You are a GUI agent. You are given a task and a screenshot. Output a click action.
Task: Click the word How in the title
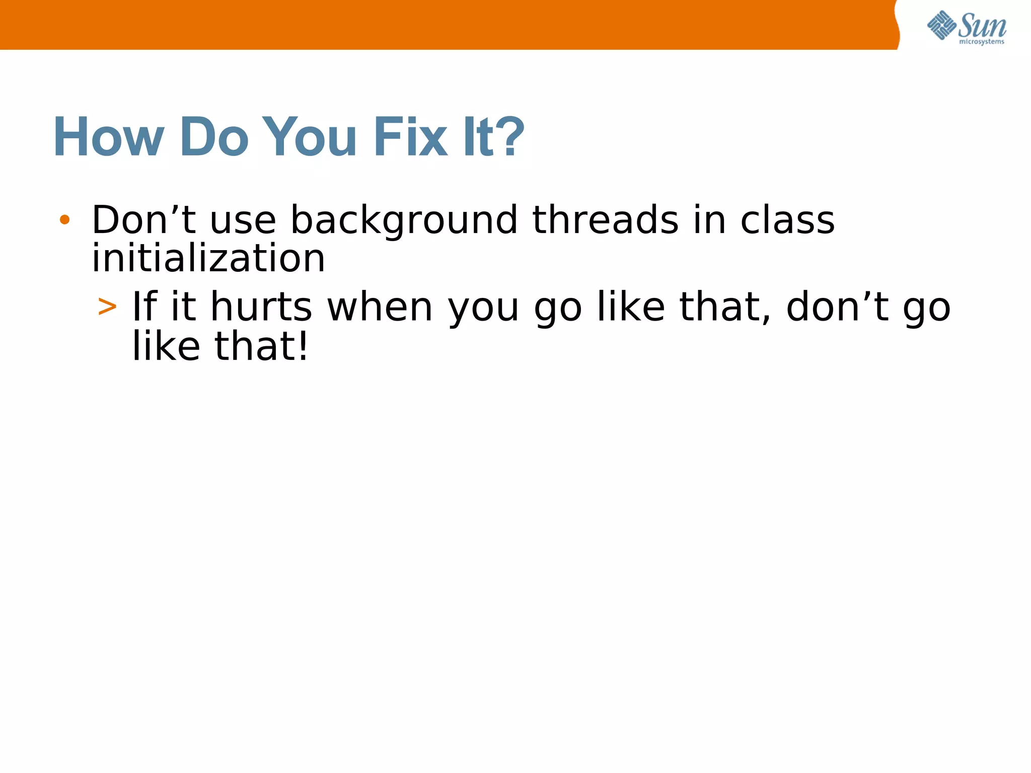tap(109, 137)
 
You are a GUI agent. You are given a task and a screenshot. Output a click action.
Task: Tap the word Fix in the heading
tap(410, 137)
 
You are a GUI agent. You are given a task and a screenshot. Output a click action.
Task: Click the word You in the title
tap(309, 137)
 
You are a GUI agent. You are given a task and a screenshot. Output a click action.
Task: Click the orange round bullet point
tap(64, 219)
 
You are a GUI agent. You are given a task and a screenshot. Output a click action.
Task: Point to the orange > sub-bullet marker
tap(107, 306)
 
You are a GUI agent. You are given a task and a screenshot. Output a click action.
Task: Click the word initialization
tap(208, 259)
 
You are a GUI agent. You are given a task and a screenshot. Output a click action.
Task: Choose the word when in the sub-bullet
tap(380, 307)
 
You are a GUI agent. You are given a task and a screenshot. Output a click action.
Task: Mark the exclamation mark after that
tap(303, 346)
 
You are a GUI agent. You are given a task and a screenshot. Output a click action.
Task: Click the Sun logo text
tap(982, 25)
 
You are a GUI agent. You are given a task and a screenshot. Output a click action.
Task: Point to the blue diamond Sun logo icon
tap(941, 25)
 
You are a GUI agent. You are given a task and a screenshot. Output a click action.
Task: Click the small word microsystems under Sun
tap(982, 42)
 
